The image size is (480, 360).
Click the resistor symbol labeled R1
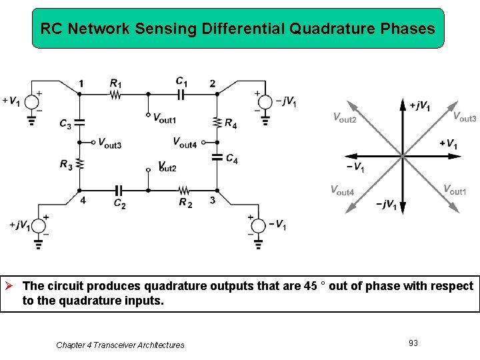click(x=115, y=94)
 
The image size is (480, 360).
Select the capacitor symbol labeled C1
click(x=180, y=94)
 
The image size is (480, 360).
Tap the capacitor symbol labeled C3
click(x=79, y=123)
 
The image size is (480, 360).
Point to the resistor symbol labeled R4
click(x=217, y=123)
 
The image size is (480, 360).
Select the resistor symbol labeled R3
click(x=79, y=163)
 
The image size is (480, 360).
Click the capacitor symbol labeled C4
click(x=217, y=158)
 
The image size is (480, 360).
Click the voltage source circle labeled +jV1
click(x=39, y=225)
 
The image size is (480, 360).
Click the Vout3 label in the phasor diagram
click(x=464, y=117)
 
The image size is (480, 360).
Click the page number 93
click(x=413, y=343)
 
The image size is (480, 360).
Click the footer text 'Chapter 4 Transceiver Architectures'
click(x=120, y=345)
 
